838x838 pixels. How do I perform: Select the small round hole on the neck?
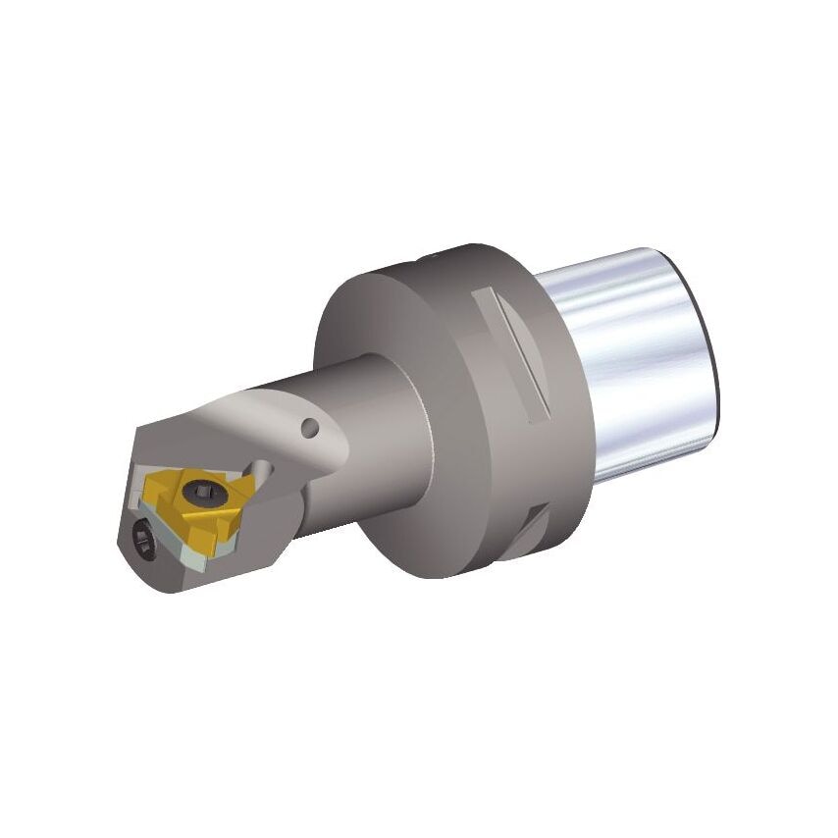point(311,428)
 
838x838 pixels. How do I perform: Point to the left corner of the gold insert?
point(148,488)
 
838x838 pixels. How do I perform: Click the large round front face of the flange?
point(393,432)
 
